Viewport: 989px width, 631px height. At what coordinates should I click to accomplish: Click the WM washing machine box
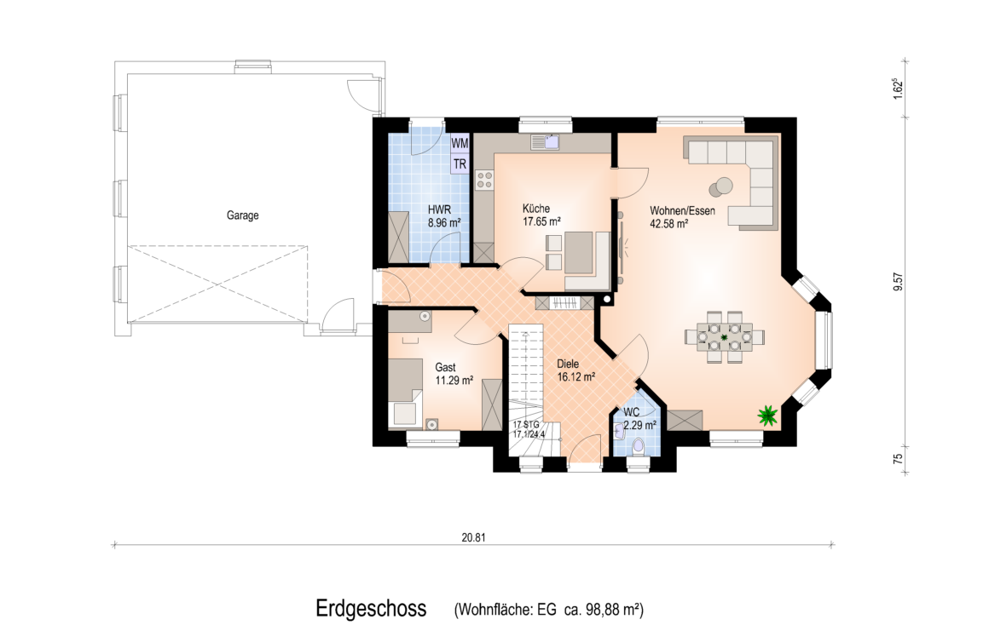(460, 143)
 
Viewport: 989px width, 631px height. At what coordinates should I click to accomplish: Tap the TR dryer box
(460, 163)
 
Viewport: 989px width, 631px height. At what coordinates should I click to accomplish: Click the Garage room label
(243, 215)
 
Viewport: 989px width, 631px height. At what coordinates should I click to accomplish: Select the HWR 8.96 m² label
(443, 215)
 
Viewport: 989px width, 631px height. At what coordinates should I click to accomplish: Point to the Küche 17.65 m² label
(541, 215)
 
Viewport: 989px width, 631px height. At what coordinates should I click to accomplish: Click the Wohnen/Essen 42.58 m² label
(682, 216)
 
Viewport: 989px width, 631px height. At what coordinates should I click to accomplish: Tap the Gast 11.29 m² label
(454, 374)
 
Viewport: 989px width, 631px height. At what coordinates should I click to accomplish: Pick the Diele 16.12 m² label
(575, 370)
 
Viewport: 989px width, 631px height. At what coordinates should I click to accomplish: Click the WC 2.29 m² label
(639, 419)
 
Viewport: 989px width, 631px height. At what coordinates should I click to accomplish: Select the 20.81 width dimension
(473, 538)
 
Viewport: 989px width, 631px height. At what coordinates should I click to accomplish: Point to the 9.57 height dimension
(899, 282)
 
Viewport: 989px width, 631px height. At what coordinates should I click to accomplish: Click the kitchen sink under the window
(545, 142)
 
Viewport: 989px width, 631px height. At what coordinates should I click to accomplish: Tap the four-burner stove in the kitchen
(484, 180)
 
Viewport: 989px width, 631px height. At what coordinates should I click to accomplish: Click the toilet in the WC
(639, 447)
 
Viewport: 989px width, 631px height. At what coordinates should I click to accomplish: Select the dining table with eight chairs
(725, 337)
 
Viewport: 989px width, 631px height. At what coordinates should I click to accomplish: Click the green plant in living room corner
(767, 415)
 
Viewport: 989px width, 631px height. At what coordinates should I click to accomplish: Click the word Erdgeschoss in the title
(371, 609)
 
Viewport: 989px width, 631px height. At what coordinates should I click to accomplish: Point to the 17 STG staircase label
(526, 424)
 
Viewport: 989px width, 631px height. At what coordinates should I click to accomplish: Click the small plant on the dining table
(725, 337)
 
